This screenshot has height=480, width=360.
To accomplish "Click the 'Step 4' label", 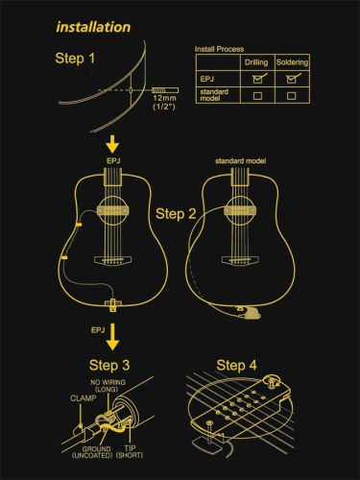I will [x=237, y=366].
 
